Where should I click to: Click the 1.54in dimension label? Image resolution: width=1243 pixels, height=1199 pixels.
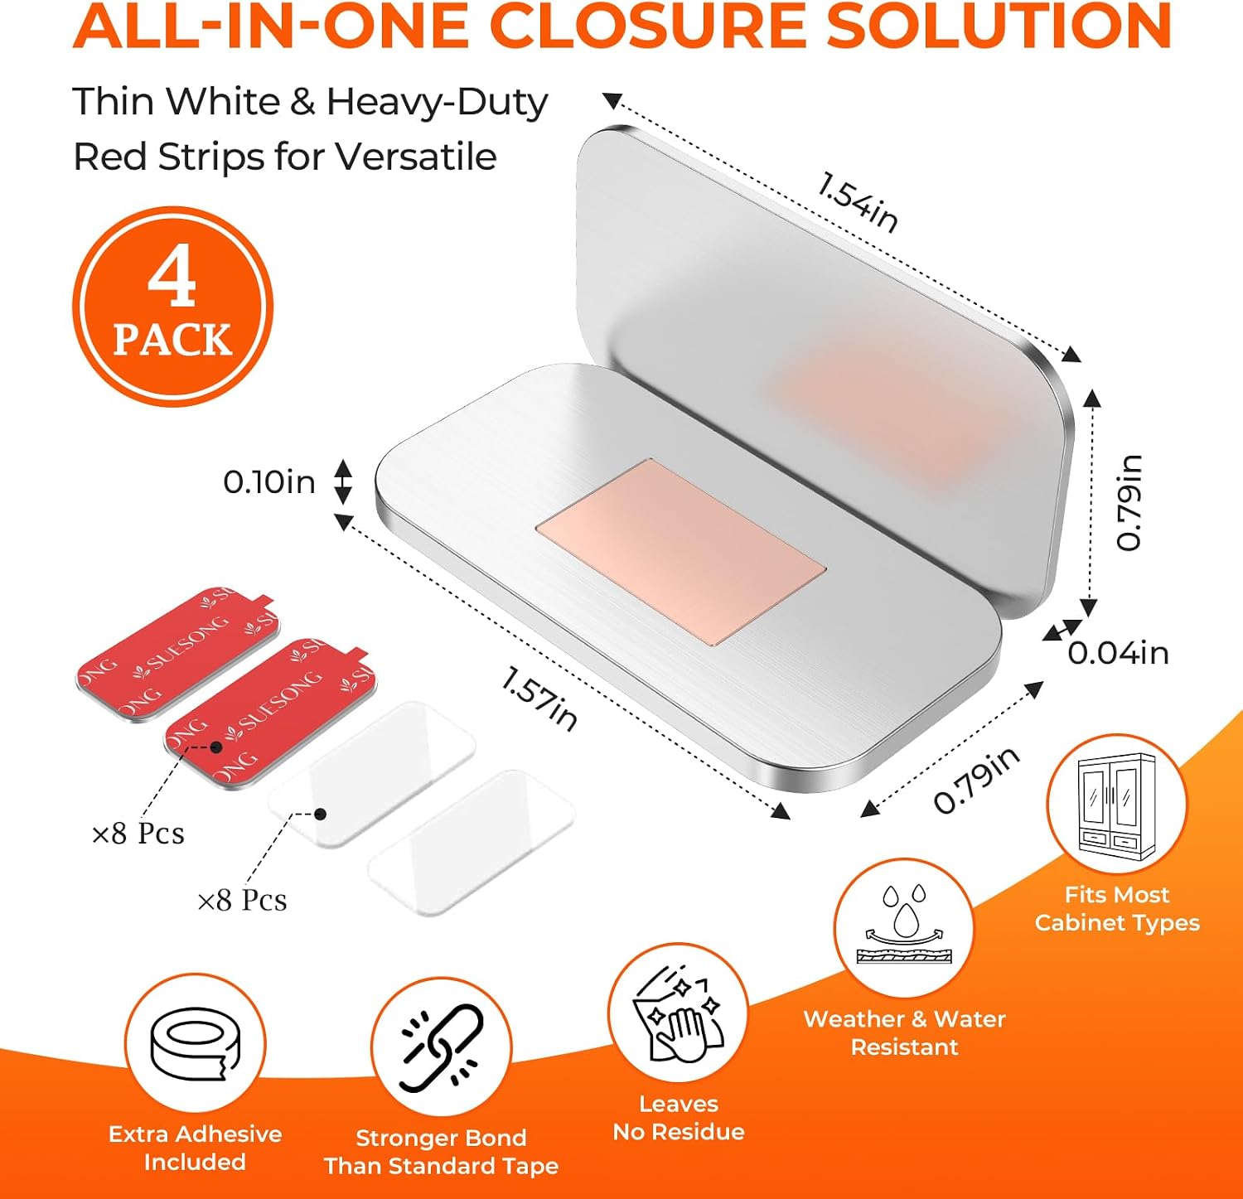pyautogui.click(x=858, y=201)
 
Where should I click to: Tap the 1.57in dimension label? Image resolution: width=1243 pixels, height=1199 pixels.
pyautogui.click(x=539, y=699)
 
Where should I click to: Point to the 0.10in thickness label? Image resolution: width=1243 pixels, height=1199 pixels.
pyautogui.click(x=269, y=481)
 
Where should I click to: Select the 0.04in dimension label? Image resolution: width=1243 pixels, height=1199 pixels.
pyautogui.click(x=1118, y=653)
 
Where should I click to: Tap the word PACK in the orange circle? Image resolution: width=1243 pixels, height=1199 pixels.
pyautogui.click(x=172, y=340)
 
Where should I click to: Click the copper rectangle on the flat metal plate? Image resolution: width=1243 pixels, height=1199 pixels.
pyautogui.click(x=680, y=552)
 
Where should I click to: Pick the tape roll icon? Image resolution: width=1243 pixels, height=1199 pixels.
pyautogui.click(x=196, y=1044)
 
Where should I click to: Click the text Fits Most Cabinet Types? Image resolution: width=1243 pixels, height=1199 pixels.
pyautogui.click(x=1117, y=909)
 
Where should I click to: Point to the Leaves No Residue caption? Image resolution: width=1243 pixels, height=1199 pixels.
pyautogui.click(x=679, y=1118)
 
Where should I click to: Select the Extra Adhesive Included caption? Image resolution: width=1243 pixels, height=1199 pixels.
pyautogui.click(x=196, y=1148)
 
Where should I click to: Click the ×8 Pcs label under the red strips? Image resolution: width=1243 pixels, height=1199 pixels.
pyautogui.click(x=138, y=833)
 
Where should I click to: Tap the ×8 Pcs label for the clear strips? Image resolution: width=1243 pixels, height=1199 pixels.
pyautogui.click(x=242, y=900)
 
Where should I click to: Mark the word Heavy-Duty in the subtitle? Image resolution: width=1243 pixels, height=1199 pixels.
pyautogui.click(x=437, y=103)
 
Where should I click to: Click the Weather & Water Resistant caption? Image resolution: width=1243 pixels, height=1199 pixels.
pyautogui.click(x=904, y=1033)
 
